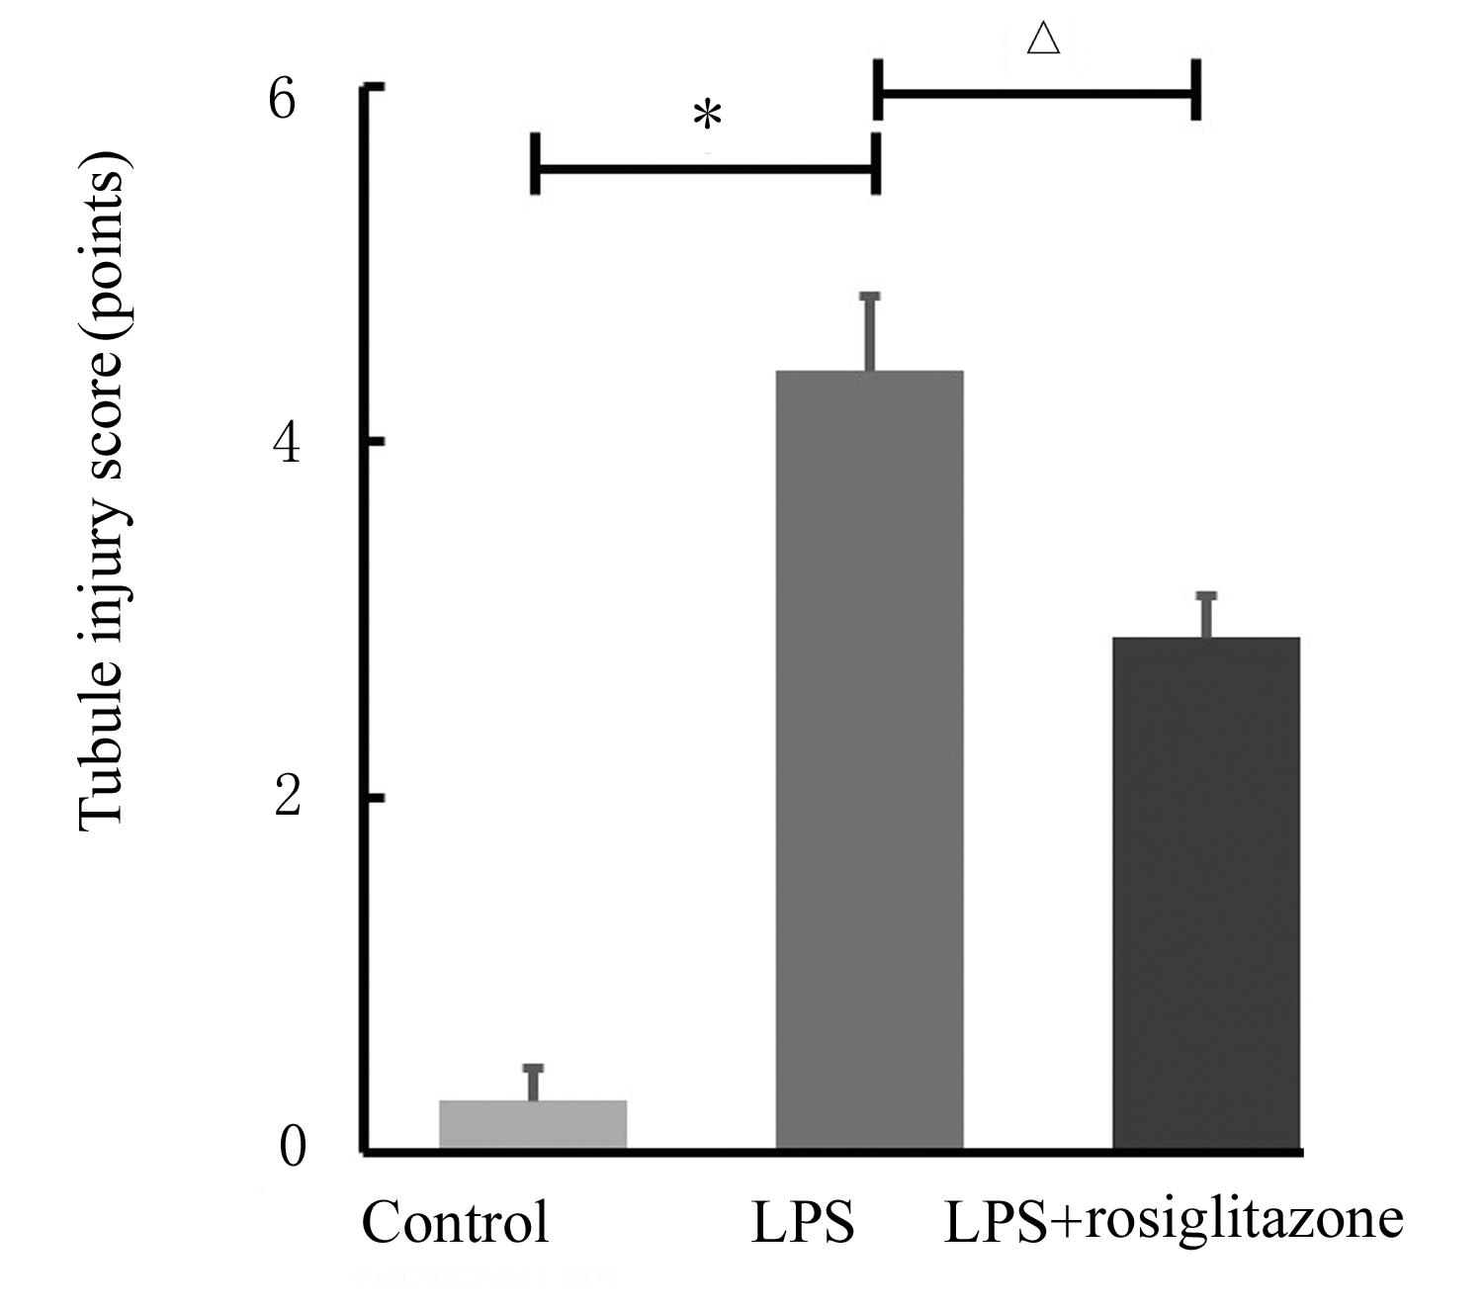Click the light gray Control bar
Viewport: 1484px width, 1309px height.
pos(533,1124)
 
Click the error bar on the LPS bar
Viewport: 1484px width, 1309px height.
pos(870,331)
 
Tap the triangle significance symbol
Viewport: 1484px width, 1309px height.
pos(1043,40)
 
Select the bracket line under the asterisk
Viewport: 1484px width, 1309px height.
pos(705,167)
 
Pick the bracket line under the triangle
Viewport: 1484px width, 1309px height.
pos(1037,94)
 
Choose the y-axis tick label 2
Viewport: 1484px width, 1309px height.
pos(286,797)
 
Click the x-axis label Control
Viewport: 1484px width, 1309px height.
pos(455,1222)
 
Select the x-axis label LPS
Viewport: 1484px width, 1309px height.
pos(802,1223)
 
